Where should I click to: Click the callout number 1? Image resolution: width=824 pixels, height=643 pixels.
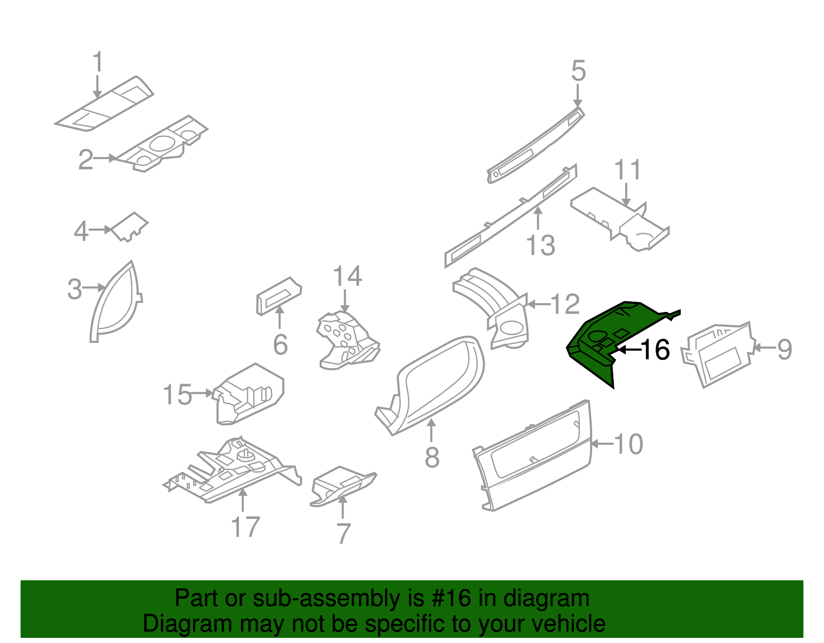(x=97, y=62)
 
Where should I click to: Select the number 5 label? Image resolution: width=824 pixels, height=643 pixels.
(x=578, y=71)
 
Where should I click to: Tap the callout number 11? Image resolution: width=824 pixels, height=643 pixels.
(x=627, y=170)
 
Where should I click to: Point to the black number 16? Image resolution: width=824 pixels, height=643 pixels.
(x=655, y=350)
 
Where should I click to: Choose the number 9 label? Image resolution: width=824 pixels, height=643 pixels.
(x=784, y=349)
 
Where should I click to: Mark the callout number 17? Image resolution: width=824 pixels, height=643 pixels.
(x=245, y=527)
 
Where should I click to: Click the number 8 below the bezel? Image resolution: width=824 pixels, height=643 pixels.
(x=432, y=457)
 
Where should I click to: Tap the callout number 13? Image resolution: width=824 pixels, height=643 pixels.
(x=541, y=245)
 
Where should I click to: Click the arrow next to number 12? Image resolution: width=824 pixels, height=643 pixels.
(x=538, y=304)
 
